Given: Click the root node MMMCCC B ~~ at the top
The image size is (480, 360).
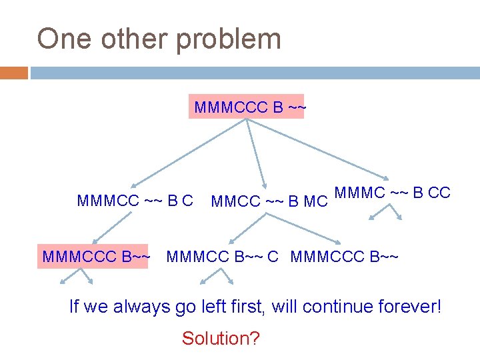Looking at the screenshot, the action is pos(247,107).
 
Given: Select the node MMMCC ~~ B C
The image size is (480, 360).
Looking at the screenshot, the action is pos(135,200).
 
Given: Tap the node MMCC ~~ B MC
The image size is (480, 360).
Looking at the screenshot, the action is pos(269,201).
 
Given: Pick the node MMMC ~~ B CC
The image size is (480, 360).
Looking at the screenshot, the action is pos(392,193).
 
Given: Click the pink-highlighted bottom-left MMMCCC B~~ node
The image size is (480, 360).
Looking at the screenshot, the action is pos(95,255).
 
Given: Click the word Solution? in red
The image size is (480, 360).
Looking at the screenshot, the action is pos(221,338).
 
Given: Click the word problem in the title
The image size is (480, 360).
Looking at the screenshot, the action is pos(228,39).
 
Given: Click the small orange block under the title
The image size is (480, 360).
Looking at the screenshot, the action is pos(14,73).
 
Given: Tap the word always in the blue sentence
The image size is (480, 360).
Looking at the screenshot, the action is pos(136,307).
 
